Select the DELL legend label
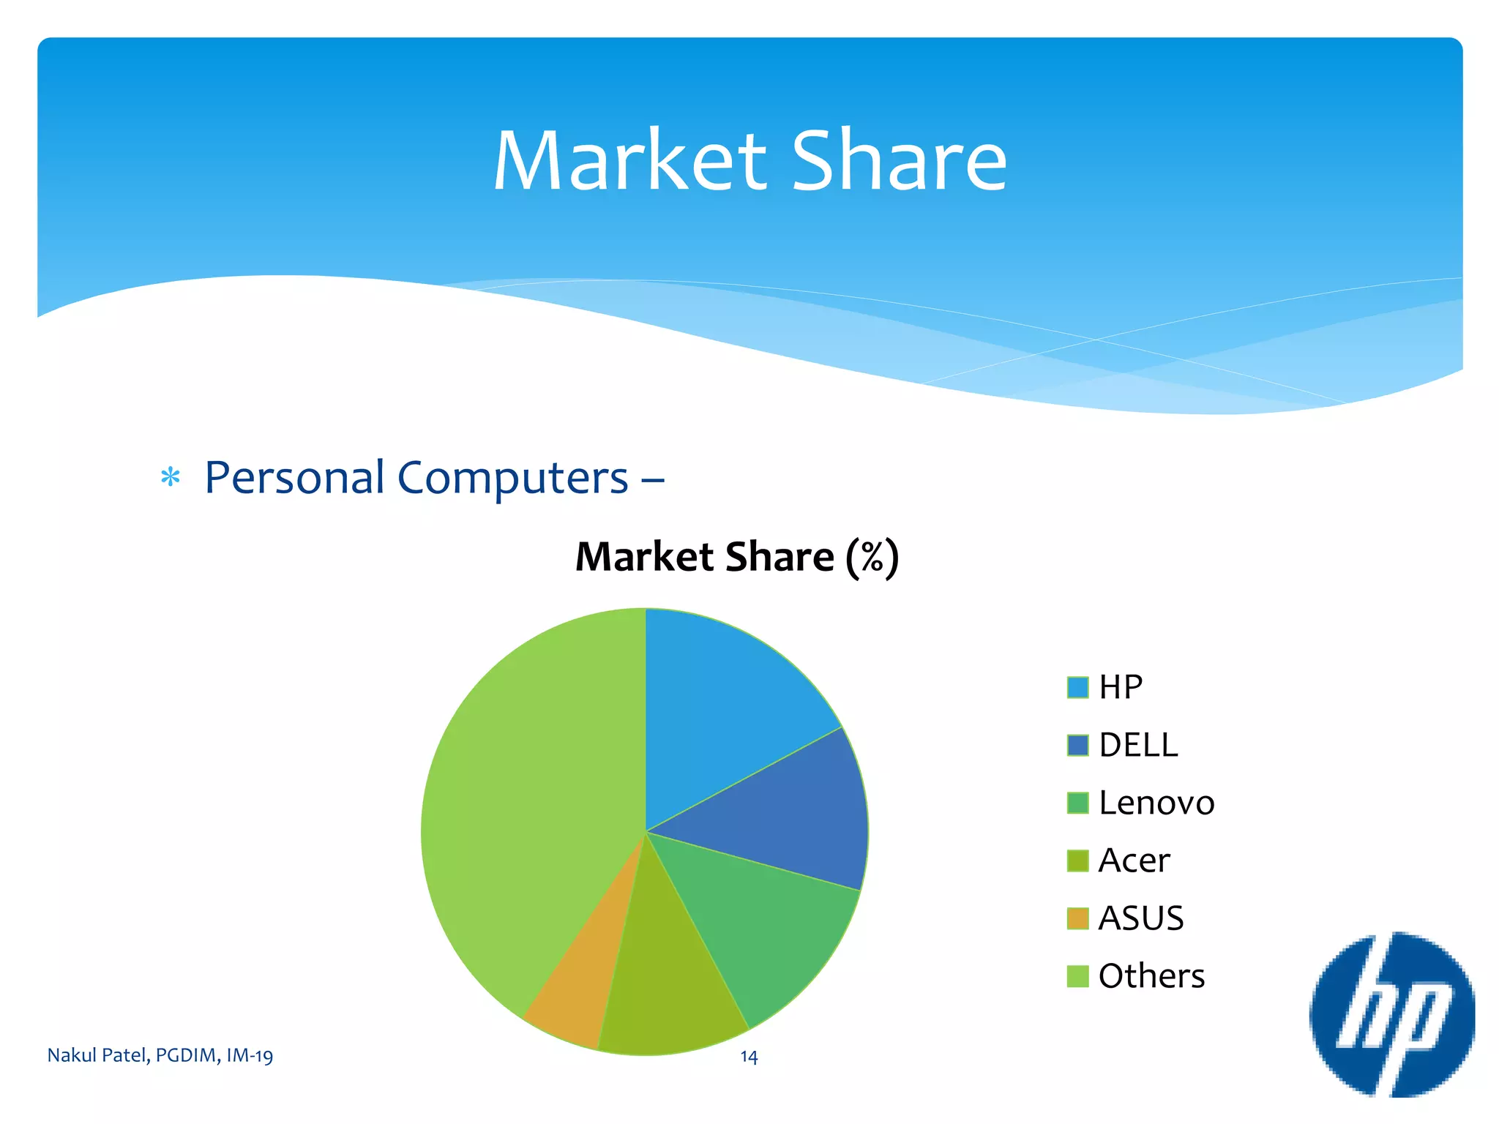tap(1138, 745)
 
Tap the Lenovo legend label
tap(1156, 803)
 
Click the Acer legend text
tap(1134, 861)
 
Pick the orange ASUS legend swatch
tap(1077, 918)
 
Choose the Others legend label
tap(1151, 976)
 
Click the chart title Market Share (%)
tap(737, 557)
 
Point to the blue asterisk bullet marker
tap(171, 478)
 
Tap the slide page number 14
tap(749, 1057)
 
